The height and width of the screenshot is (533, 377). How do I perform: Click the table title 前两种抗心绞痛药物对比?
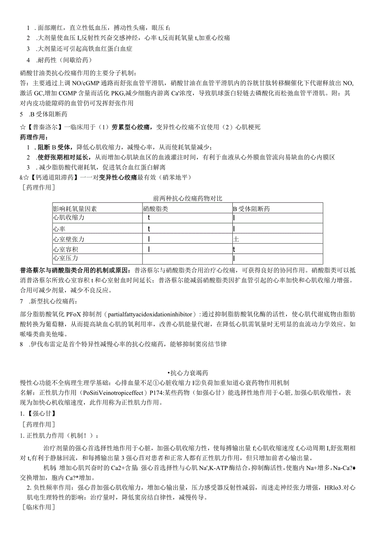tap(188, 198)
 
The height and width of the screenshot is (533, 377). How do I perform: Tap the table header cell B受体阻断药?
tap(252, 209)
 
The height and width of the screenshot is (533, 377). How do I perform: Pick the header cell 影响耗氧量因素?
tap(75, 209)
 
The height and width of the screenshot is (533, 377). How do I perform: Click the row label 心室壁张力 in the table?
tap(68, 239)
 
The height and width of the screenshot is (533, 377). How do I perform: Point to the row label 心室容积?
tap(66, 249)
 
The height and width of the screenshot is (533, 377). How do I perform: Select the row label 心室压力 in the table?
tap(66, 259)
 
